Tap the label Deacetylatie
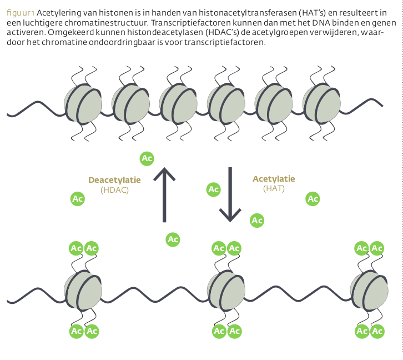114,180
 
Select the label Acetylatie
274,179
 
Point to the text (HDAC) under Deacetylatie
115,189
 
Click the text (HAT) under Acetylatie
274,188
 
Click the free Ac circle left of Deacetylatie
78,198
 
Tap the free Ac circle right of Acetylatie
313,198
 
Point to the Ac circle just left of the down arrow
213,189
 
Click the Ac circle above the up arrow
147,158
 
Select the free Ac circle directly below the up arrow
173,239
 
